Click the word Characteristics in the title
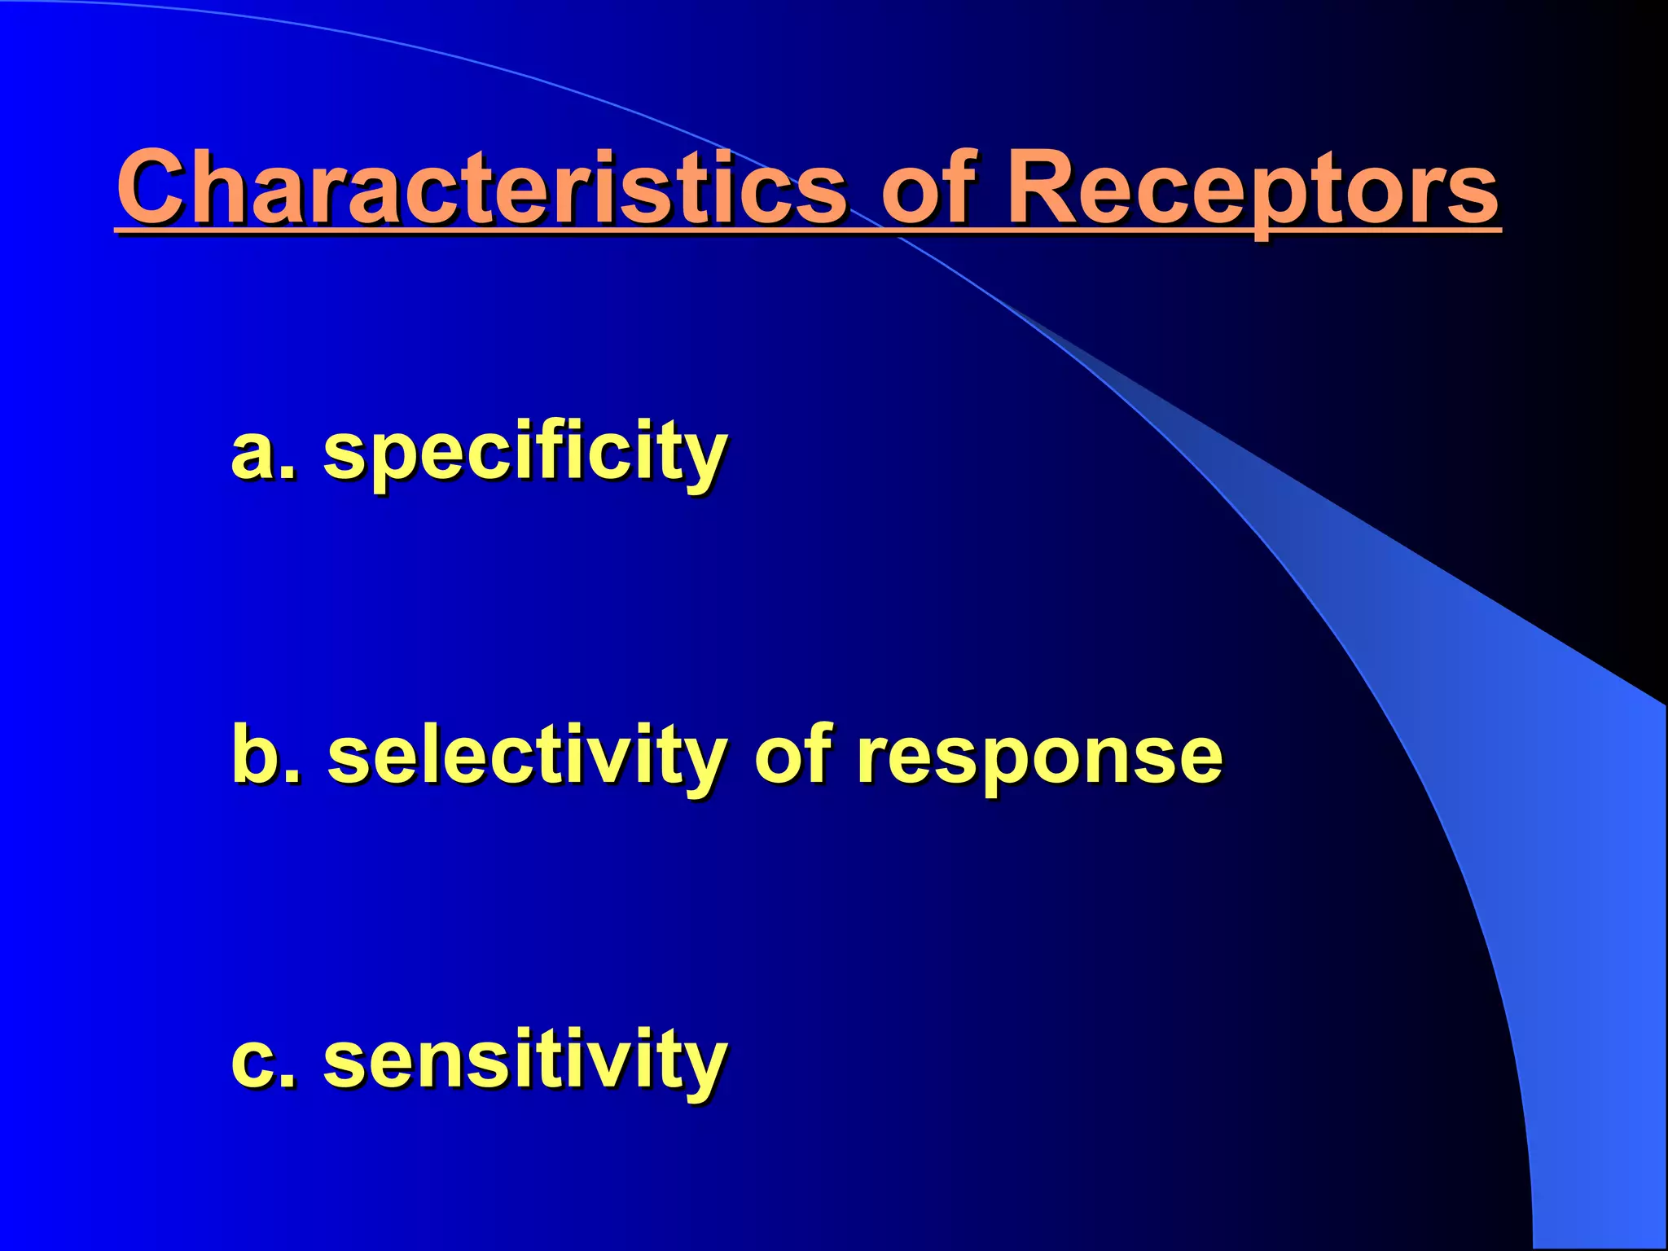coord(481,189)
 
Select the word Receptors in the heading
coord(1253,189)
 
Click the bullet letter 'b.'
coord(265,756)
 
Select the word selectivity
coord(526,756)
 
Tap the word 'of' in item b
coord(792,756)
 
